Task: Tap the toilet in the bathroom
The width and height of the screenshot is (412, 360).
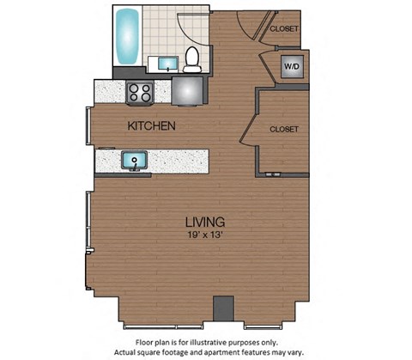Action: click(192, 58)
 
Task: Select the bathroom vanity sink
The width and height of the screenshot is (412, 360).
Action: click(166, 64)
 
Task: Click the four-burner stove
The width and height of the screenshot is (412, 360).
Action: click(140, 91)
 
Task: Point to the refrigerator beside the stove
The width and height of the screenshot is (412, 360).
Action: click(188, 91)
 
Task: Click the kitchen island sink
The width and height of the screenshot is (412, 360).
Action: click(133, 160)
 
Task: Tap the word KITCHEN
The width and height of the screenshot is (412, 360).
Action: click(152, 126)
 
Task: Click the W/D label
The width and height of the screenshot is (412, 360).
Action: click(291, 66)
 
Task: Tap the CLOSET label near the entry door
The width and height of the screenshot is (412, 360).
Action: click(284, 28)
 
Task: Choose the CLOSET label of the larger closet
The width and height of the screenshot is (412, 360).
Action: click(284, 129)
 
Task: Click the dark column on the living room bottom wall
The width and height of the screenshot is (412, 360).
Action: click(224, 308)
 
